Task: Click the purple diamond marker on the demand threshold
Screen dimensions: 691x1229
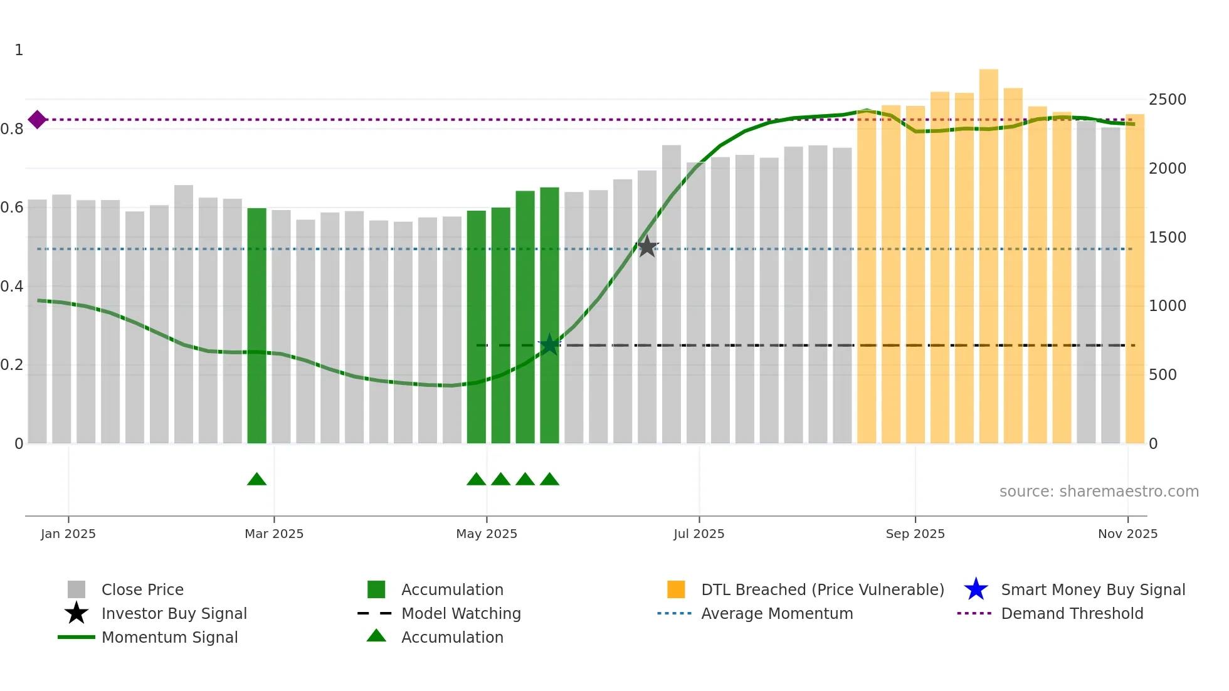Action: (37, 119)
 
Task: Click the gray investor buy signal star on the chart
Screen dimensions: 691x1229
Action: (647, 247)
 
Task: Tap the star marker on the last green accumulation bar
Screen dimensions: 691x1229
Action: (549, 344)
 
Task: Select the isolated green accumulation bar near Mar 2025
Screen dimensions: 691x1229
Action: (256, 326)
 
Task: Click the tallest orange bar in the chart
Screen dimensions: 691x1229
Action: (988, 257)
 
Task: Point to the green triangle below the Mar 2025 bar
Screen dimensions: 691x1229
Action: (256, 480)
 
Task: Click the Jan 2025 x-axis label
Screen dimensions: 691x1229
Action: (68, 534)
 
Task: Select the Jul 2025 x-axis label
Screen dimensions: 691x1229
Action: (699, 534)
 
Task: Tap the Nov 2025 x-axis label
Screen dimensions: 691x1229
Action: (1127, 534)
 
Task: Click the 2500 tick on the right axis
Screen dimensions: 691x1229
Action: (1167, 100)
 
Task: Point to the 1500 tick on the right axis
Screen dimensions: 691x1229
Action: (1167, 238)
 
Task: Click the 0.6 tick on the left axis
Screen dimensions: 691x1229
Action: (12, 208)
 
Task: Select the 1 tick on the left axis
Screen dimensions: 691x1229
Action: (19, 50)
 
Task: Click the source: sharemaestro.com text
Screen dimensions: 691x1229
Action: (1099, 492)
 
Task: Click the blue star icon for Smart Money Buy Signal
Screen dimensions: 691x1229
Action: (976, 589)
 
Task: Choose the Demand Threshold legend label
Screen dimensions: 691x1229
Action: (1072, 613)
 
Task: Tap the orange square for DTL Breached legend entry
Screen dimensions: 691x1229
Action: (676, 589)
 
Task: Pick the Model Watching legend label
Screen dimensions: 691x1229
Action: (461, 613)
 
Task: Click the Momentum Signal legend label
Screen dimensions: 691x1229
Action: (169, 637)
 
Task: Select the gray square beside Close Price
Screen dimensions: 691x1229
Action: (76, 589)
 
